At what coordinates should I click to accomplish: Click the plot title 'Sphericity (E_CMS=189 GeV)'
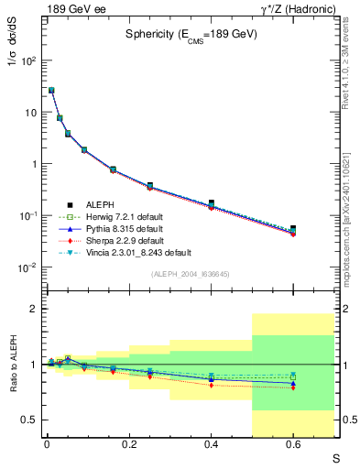186,37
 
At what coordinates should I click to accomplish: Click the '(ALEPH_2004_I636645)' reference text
190,274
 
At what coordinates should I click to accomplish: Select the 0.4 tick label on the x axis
212,444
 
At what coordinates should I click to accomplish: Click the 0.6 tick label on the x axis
293,444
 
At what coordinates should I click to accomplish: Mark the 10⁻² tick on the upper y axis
29,267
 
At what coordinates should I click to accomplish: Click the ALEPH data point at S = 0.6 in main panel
293,229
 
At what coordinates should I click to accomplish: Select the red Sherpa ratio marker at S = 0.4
212,385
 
